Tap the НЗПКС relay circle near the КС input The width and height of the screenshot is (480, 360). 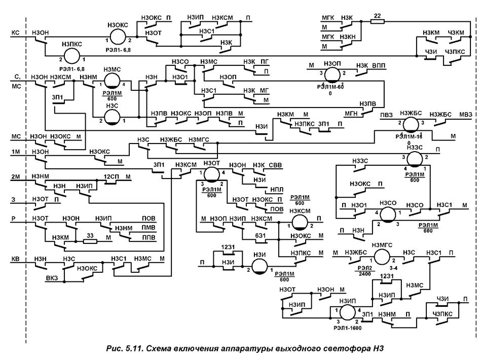tap(70, 56)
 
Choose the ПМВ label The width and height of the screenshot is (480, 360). tap(148, 228)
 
